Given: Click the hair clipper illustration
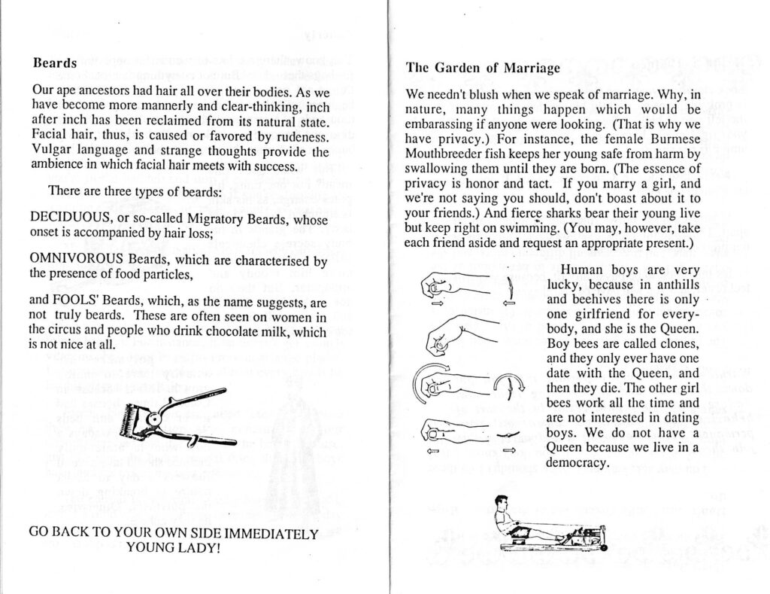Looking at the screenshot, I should [173, 418].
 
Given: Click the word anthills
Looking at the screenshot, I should [669, 284].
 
